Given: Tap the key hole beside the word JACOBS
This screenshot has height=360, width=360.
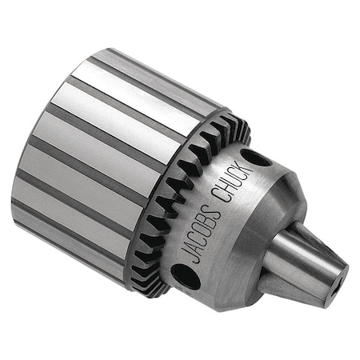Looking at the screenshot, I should tap(186, 275).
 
